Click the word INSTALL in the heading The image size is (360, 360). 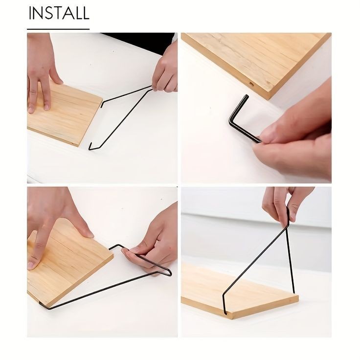pyautogui.click(x=59, y=13)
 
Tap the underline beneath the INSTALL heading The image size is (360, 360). pyautogui.click(x=58, y=29)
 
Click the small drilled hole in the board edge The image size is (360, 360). pyautogui.click(x=251, y=84)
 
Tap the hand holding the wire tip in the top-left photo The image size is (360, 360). pyautogui.click(x=165, y=69)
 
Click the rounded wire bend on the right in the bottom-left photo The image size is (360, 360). pyautogui.click(x=169, y=272)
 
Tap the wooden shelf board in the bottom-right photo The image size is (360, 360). pyautogui.click(x=239, y=292)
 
